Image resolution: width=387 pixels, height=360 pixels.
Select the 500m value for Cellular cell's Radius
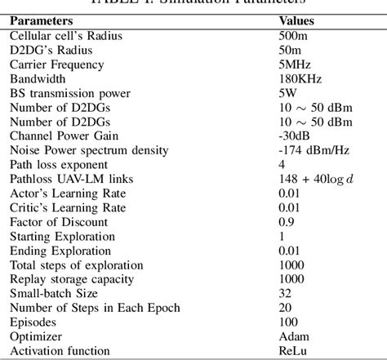coord(291,37)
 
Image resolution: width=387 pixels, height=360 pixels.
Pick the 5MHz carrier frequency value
coord(293,64)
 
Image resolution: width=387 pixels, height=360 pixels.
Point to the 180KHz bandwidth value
coord(298,79)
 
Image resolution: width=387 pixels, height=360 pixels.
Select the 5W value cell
coord(287,93)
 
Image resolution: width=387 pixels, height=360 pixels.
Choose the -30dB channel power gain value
coord(293,136)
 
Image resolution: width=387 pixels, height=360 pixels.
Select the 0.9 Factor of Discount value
coord(287,222)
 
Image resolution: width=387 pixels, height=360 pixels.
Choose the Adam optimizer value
coord(293,336)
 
